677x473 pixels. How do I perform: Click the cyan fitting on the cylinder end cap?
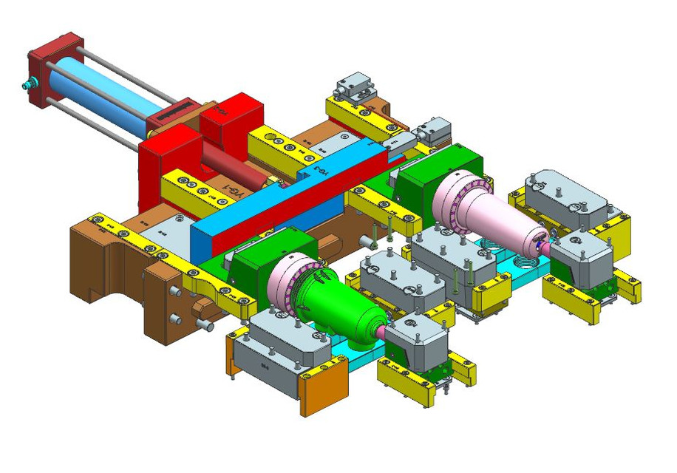pos(28,86)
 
